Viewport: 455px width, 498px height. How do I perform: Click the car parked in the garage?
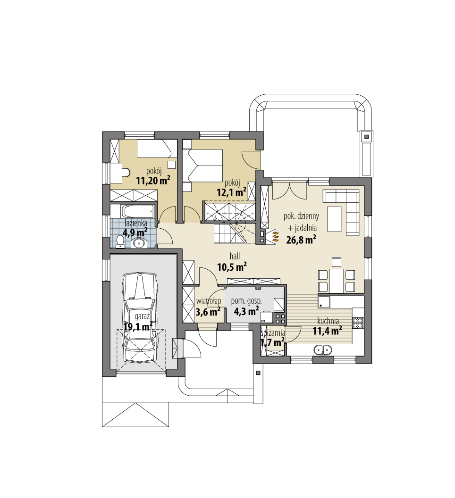pyautogui.click(x=140, y=317)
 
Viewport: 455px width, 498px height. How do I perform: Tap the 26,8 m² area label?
pyautogui.click(x=301, y=240)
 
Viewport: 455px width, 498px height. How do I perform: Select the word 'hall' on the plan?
pyautogui.click(x=235, y=256)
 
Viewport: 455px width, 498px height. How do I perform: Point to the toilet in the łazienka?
pyautogui.click(x=120, y=241)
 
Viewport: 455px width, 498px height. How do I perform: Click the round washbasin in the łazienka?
pyautogui.click(x=139, y=243)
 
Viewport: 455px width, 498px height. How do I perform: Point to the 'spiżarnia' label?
pyautogui.click(x=273, y=333)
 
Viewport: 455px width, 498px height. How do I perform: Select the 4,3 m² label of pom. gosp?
pyautogui.click(x=246, y=311)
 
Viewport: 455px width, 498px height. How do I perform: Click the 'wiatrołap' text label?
pyautogui.click(x=208, y=301)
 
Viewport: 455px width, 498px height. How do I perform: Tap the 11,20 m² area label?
pyautogui.click(x=153, y=181)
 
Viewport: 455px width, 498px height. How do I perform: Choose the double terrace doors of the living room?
pyautogui.click(x=289, y=190)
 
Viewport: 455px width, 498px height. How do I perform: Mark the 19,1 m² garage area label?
pyautogui.click(x=138, y=326)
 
